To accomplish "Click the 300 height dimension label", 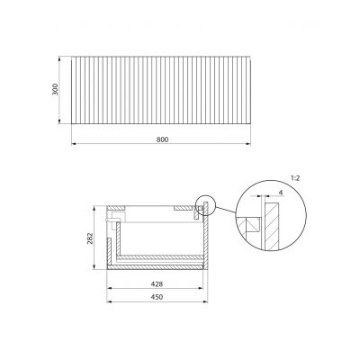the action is (x=55, y=89).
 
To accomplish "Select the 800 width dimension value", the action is (x=162, y=139).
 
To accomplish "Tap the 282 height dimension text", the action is (x=90, y=238).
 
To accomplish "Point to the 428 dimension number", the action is (x=157, y=283).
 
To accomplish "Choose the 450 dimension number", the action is (x=157, y=297).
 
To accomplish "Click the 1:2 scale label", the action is (x=295, y=178).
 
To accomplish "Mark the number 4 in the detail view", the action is (x=281, y=193).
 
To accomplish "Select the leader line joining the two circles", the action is (x=225, y=210).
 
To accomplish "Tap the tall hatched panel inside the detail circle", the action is (x=273, y=226).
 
